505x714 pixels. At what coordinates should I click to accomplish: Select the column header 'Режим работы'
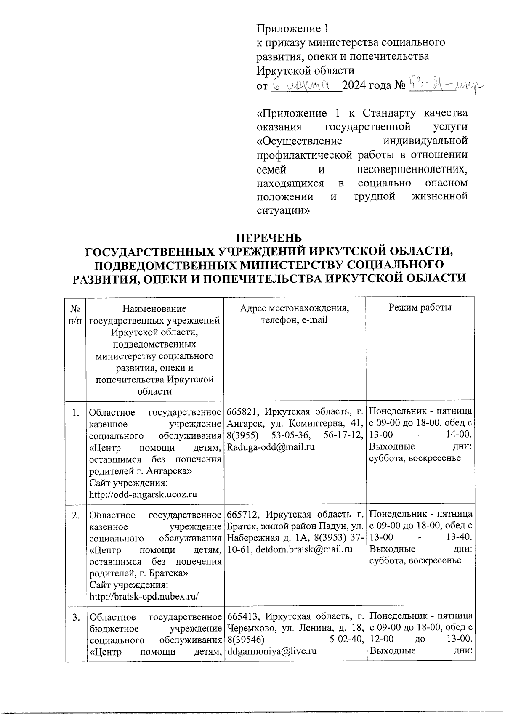[x=420, y=308]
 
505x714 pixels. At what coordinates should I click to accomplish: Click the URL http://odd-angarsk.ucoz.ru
[x=143, y=494]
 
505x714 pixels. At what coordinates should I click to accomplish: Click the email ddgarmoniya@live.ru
[x=271, y=651]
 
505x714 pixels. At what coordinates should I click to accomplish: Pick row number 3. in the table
[x=75, y=618]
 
